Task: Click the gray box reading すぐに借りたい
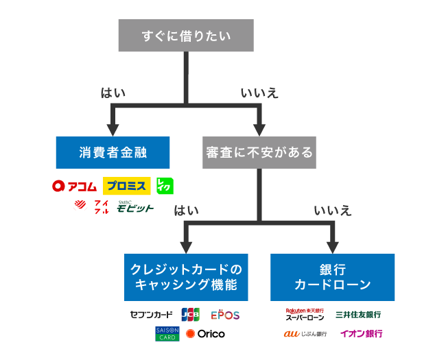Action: click(x=186, y=35)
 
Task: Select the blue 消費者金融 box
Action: click(x=113, y=152)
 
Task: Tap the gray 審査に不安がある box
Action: click(x=259, y=152)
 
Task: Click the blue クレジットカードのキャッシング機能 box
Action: click(x=187, y=277)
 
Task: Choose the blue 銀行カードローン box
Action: click(x=332, y=277)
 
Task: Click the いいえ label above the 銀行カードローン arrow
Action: click(x=332, y=211)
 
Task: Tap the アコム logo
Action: click(x=75, y=186)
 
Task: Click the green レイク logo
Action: click(x=165, y=186)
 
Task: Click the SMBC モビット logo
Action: click(x=135, y=206)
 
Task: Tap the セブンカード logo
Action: click(x=151, y=315)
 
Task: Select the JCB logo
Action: click(x=190, y=315)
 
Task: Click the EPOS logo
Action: click(x=225, y=315)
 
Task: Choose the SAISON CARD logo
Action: click(x=167, y=334)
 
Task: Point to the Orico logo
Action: click(x=205, y=334)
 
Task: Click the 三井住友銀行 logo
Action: click(x=358, y=315)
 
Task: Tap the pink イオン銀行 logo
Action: click(x=360, y=334)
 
